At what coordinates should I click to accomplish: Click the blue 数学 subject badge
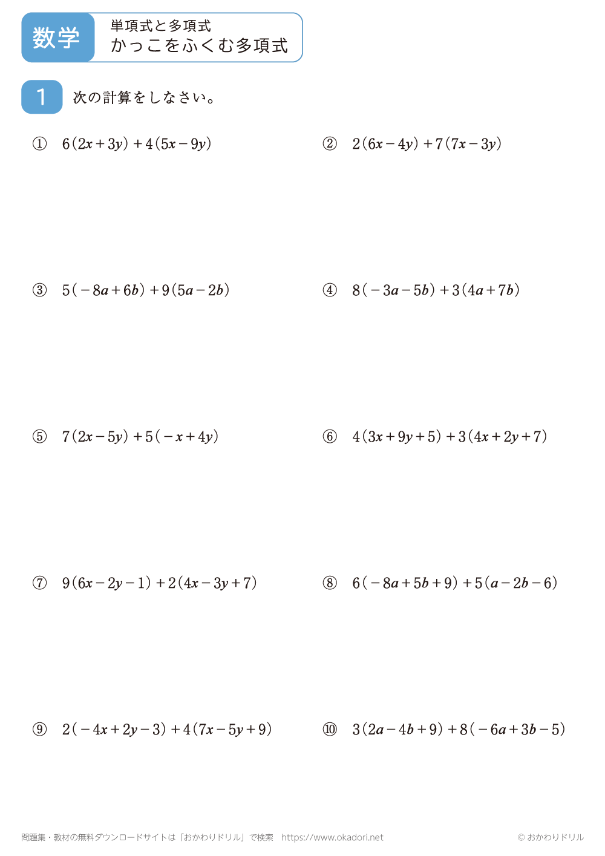[57, 38]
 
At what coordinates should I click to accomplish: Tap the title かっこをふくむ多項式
[199, 46]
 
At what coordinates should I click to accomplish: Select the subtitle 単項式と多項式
[160, 25]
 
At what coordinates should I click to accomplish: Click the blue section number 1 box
[42, 97]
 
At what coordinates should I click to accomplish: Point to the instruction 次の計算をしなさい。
[144, 97]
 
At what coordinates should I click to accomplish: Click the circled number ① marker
[39, 144]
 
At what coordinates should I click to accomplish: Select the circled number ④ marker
[330, 290]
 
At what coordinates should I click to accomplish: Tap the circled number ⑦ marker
[39, 583]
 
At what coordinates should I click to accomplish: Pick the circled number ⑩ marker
[330, 730]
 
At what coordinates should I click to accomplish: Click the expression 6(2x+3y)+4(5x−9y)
[137, 144]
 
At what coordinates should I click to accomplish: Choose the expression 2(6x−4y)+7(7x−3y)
[427, 144]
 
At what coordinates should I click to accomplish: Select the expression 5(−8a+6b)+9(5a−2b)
[146, 290]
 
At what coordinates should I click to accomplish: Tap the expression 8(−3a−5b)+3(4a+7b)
[436, 290]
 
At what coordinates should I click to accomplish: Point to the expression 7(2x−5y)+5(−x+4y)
[140, 437]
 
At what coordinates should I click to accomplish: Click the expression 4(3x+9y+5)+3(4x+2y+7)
[450, 437]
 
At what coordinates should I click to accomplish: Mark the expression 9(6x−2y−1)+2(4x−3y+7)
[160, 583]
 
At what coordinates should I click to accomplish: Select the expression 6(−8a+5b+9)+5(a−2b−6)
[455, 583]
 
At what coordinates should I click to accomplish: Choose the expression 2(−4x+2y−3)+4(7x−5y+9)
[167, 730]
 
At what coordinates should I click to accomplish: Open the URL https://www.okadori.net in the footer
[332, 838]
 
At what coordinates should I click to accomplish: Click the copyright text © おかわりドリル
[551, 838]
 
